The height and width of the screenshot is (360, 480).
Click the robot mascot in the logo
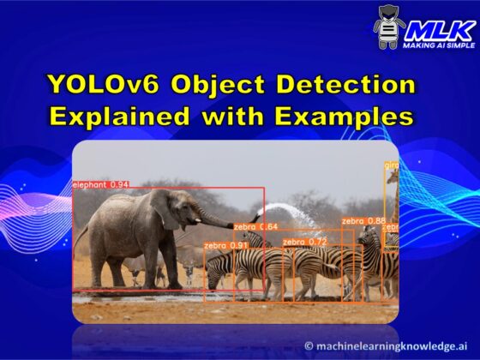tap(389, 27)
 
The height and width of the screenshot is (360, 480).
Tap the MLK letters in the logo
tap(439, 27)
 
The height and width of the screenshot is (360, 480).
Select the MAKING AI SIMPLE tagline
tap(439, 45)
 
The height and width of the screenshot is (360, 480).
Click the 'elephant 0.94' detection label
tap(101, 184)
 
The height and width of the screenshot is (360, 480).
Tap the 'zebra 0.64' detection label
tap(255, 226)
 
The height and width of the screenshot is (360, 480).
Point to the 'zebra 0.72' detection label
tap(305, 242)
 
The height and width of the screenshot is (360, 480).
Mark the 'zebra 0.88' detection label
tap(363, 220)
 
